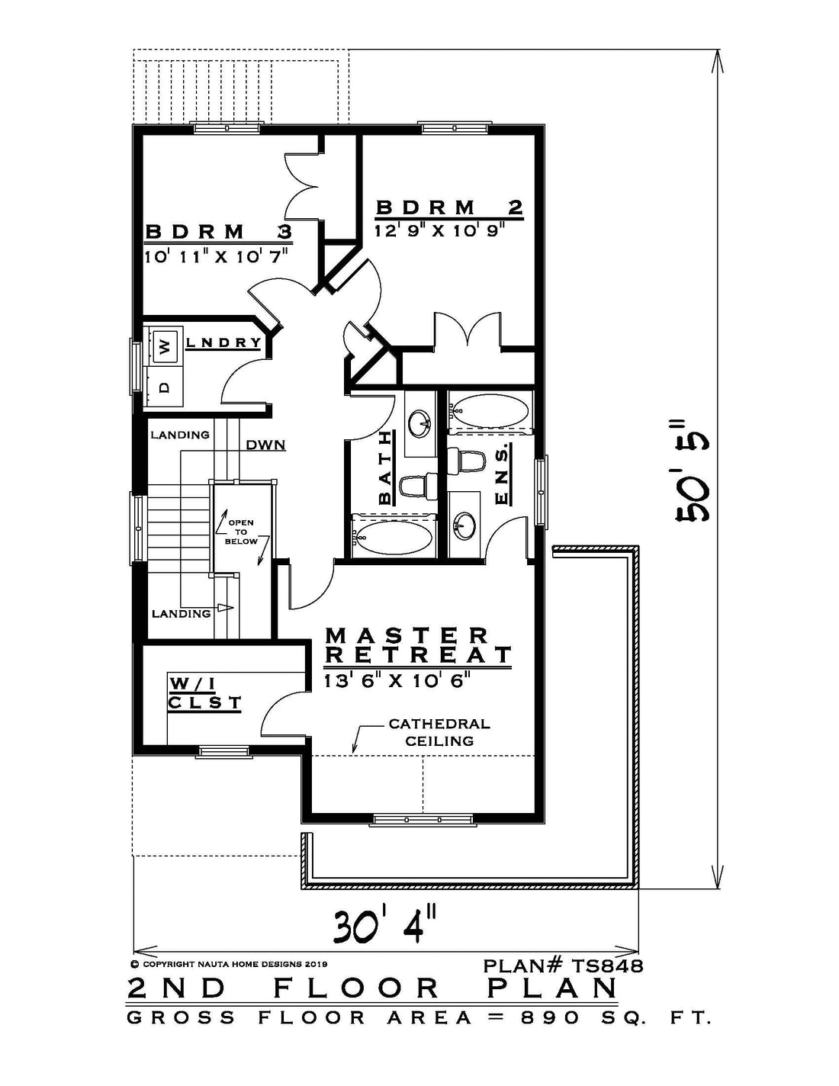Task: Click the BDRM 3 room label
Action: tap(218, 232)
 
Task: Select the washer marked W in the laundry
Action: tap(166, 345)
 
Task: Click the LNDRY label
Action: tap(223, 343)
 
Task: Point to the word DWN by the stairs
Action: tap(266, 445)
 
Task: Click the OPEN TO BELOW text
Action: tap(241, 532)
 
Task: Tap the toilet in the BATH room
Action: tap(419, 485)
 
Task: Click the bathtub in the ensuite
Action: tap(490, 412)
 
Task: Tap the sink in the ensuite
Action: tap(463, 525)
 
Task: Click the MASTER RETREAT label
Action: tap(418, 645)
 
